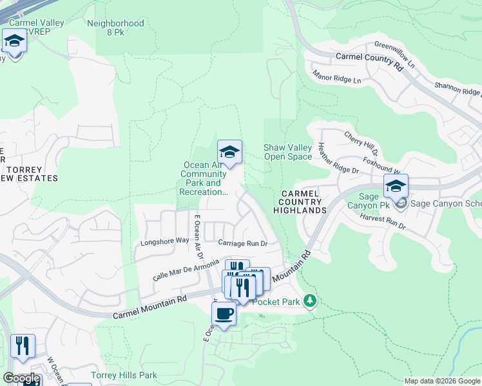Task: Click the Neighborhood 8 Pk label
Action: (115, 28)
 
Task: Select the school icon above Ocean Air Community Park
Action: (229, 152)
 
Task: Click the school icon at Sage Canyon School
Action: (396, 187)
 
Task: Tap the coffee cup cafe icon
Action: (224, 314)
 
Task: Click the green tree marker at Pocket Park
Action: (311, 301)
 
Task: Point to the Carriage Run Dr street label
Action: (242, 243)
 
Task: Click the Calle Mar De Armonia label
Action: (186, 270)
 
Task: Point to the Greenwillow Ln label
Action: (395, 51)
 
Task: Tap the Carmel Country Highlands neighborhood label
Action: (300, 202)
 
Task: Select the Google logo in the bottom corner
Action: (21, 378)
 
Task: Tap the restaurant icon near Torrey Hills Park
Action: (23, 345)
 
